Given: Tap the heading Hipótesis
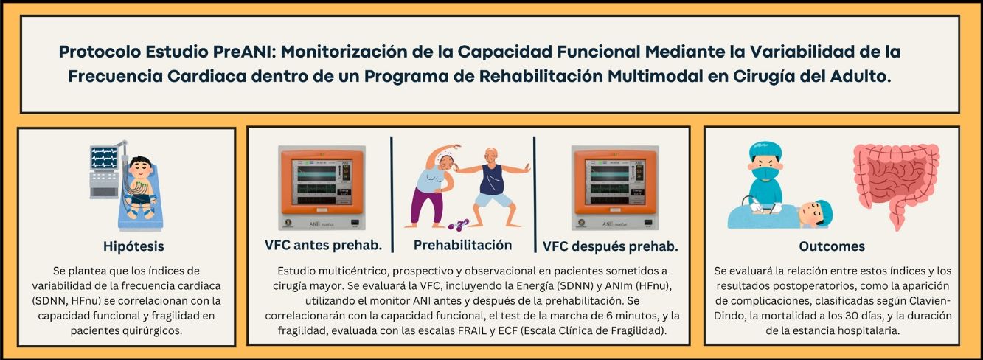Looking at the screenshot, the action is (x=133, y=246).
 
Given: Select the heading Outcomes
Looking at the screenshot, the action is (x=832, y=246).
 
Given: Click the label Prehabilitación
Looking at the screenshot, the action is (x=462, y=246).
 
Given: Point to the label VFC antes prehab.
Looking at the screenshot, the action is (x=323, y=246).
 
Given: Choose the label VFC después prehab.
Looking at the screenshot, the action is (x=610, y=246).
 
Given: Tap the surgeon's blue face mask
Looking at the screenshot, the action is (x=765, y=171).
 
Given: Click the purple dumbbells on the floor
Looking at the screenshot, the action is (x=459, y=225).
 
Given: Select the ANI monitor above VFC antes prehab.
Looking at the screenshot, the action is (x=322, y=187).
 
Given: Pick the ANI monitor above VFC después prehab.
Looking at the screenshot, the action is (x=615, y=187).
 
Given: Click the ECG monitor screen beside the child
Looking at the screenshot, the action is (x=104, y=158).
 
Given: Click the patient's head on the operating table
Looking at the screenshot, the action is (x=816, y=214).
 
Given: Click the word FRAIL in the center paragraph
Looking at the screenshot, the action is (x=475, y=330).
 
